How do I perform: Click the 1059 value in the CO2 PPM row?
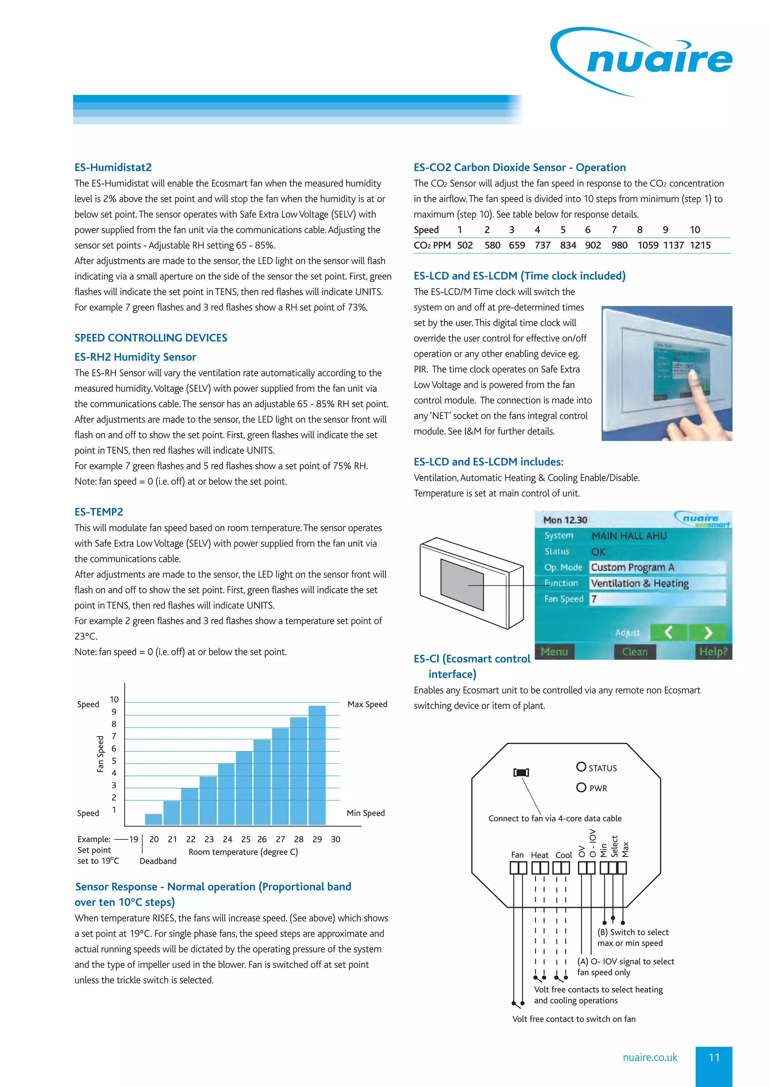[x=647, y=245]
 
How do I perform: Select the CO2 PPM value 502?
[x=464, y=245]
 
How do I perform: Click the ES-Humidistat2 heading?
[x=113, y=167]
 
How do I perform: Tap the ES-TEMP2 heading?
[x=98, y=512]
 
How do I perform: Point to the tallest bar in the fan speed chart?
[x=317, y=765]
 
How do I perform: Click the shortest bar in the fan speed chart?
[x=154, y=819]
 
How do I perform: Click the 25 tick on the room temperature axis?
[x=246, y=839]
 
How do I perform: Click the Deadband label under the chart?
[x=158, y=861]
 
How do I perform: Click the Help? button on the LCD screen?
[x=713, y=652]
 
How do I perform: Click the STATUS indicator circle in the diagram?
[x=581, y=766]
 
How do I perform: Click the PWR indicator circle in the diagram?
[x=581, y=787]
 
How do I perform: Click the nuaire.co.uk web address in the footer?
[x=650, y=1058]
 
